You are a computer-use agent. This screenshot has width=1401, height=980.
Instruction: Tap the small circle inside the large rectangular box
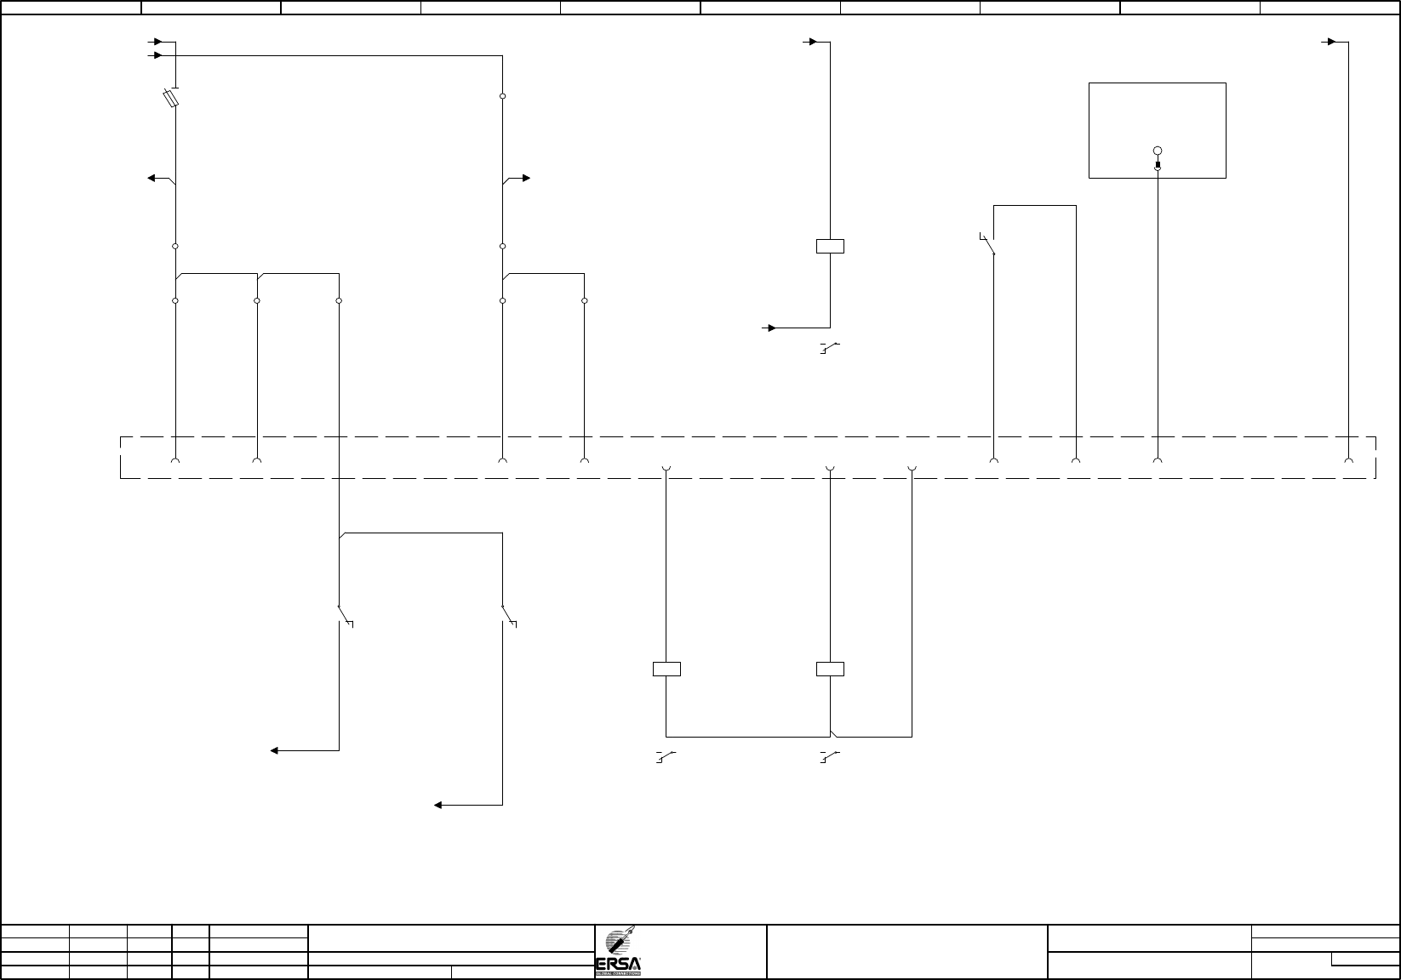click(1158, 151)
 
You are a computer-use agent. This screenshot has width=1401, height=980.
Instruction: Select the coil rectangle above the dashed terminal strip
click(830, 247)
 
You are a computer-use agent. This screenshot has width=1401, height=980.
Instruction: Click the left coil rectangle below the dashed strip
click(666, 669)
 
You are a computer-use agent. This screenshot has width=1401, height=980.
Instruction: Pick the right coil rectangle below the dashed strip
click(830, 669)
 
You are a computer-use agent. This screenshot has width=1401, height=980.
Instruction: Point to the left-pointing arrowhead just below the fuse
click(152, 178)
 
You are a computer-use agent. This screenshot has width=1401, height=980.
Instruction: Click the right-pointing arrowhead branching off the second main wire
click(526, 178)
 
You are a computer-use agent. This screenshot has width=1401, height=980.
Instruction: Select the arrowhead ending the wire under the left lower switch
click(275, 750)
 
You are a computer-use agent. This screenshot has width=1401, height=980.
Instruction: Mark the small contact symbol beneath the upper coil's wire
click(829, 348)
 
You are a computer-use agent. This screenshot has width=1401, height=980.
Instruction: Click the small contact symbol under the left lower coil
click(666, 756)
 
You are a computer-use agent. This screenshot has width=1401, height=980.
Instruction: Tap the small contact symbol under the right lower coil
click(829, 756)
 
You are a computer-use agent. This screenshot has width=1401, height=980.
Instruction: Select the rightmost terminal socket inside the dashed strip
click(1348, 461)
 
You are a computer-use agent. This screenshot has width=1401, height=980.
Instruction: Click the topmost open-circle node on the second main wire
click(503, 96)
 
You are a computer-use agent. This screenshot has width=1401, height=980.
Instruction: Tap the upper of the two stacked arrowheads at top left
click(157, 41)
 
